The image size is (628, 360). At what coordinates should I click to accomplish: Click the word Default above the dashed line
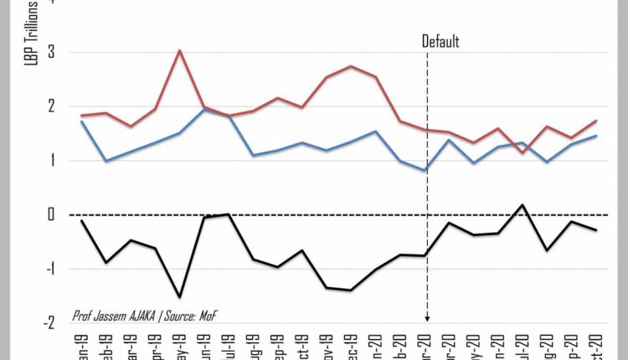point(440,42)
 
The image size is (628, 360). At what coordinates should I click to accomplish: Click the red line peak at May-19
point(180,50)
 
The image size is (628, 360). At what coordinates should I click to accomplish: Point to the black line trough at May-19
point(180,297)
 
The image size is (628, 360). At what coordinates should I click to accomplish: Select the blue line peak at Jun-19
point(204,109)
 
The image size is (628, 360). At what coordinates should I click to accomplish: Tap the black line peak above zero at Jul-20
point(522,204)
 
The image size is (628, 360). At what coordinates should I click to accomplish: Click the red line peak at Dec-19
point(352,66)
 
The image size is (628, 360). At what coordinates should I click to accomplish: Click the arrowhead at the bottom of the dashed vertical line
point(427,319)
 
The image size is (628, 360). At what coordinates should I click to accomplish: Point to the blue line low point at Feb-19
point(106,161)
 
